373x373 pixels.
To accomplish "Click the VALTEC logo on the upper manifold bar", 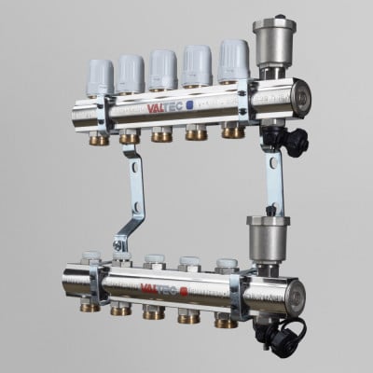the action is (x=164, y=107).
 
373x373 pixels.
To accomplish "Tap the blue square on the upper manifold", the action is (x=189, y=105).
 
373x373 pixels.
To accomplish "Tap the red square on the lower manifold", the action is (x=184, y=292).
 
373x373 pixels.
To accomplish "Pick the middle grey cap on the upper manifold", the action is (x=163, y=70).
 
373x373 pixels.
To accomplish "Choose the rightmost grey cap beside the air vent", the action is (x=233, y=62).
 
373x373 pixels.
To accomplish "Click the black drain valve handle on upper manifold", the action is (x=294, y=142).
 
